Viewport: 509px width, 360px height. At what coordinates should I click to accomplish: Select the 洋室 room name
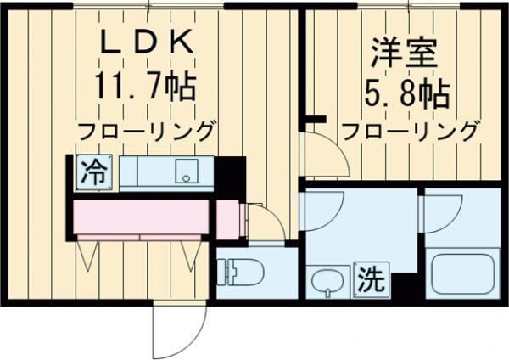(404, 53)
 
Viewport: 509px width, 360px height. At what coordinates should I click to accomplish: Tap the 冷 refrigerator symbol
(92, 174)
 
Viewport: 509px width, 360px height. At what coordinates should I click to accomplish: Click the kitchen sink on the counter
(186, 173)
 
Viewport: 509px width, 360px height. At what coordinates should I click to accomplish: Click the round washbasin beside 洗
(326, 279)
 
